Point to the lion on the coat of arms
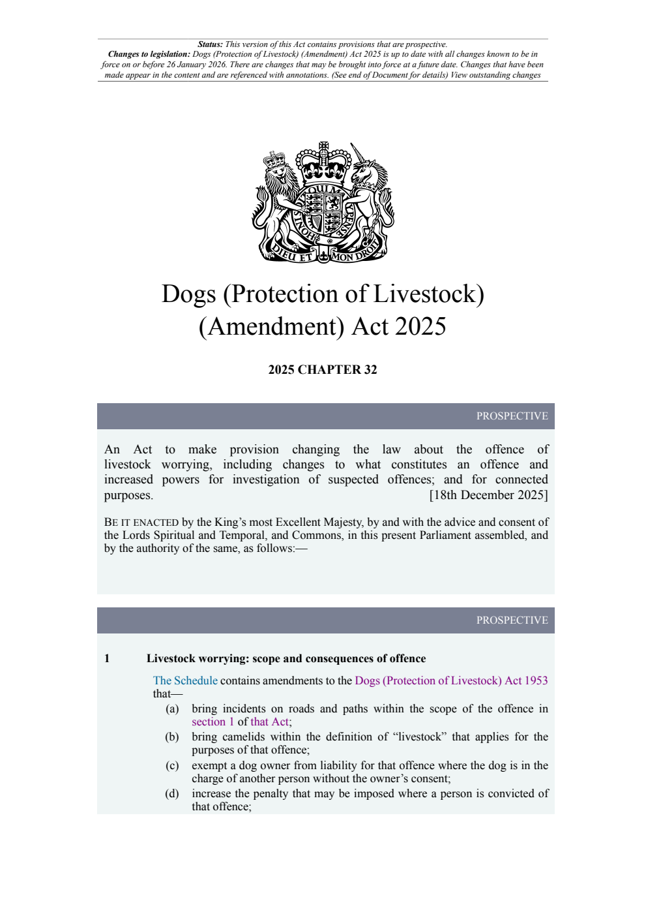(x=277, y=196)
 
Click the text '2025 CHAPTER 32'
(x=323, y=370)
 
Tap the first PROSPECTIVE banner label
(x=512, y=416)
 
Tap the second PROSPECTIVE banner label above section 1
(x=512, y=620)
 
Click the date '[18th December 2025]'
(x=488, y=495)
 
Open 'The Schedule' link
(x=185, y=680)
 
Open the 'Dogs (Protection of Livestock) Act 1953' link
(x=451, y=680)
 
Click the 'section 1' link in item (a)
(x=213, y=722)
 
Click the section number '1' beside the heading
(x=107, y=659)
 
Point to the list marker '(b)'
(x=172, y=737)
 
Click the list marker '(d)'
(x=172, y=793)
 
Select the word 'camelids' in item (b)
(x=245, y=737)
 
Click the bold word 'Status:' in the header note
(x=211, y=44)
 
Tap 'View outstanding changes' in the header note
(x=495, y=75)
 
